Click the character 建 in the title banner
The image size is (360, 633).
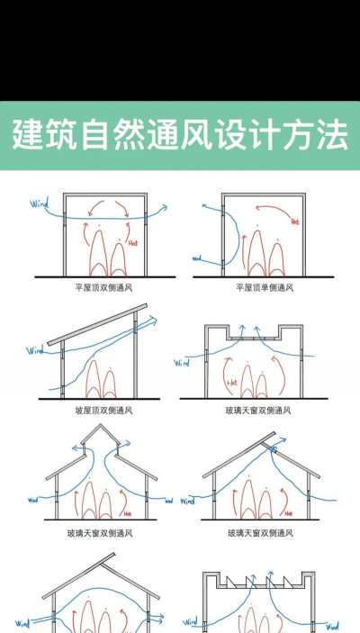coord(29,136)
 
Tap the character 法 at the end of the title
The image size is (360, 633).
coord(332,136)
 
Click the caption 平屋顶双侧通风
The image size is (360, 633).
coord(103,288)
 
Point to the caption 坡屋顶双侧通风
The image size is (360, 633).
coord(103,410)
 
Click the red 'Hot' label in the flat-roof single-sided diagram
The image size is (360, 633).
coord(294,220)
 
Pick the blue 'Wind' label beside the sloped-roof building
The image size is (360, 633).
coord(36,350)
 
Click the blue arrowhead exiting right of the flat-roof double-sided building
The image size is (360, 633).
coord(163,207)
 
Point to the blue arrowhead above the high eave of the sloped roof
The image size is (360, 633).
coord(154,317)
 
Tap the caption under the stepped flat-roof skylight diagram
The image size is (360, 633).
coord(258,410)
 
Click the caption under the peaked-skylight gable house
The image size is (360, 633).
coord(103,533)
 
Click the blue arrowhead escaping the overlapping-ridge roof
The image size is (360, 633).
coord(283,439)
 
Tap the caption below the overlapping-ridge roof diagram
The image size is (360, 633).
coord(258,533)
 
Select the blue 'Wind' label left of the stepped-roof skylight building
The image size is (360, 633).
coord(183,363)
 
